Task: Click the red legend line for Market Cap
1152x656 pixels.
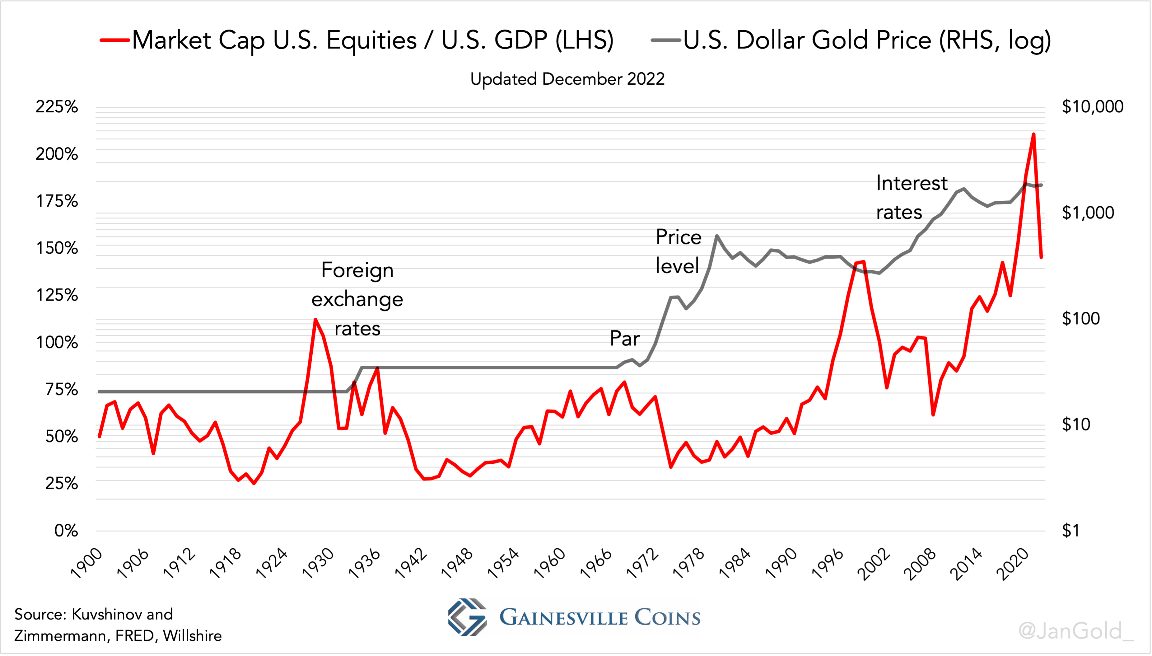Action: (x=115, y=40)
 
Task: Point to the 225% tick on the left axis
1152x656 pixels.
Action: (x=57, y=107)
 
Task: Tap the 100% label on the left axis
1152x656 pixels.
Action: (x=57, y=342)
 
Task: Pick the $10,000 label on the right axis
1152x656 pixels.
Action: (x=1092, y=107)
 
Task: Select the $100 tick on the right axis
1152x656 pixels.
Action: (x=1080, y=319)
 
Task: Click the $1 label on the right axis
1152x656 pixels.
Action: (x=1070, y=531)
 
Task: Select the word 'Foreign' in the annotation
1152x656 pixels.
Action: (x=357, y=270)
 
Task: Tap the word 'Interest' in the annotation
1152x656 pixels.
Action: (x=912, y=183)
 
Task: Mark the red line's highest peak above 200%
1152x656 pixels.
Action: (x=1033, y=134)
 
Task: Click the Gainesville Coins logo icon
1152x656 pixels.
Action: (x=467, y=617)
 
